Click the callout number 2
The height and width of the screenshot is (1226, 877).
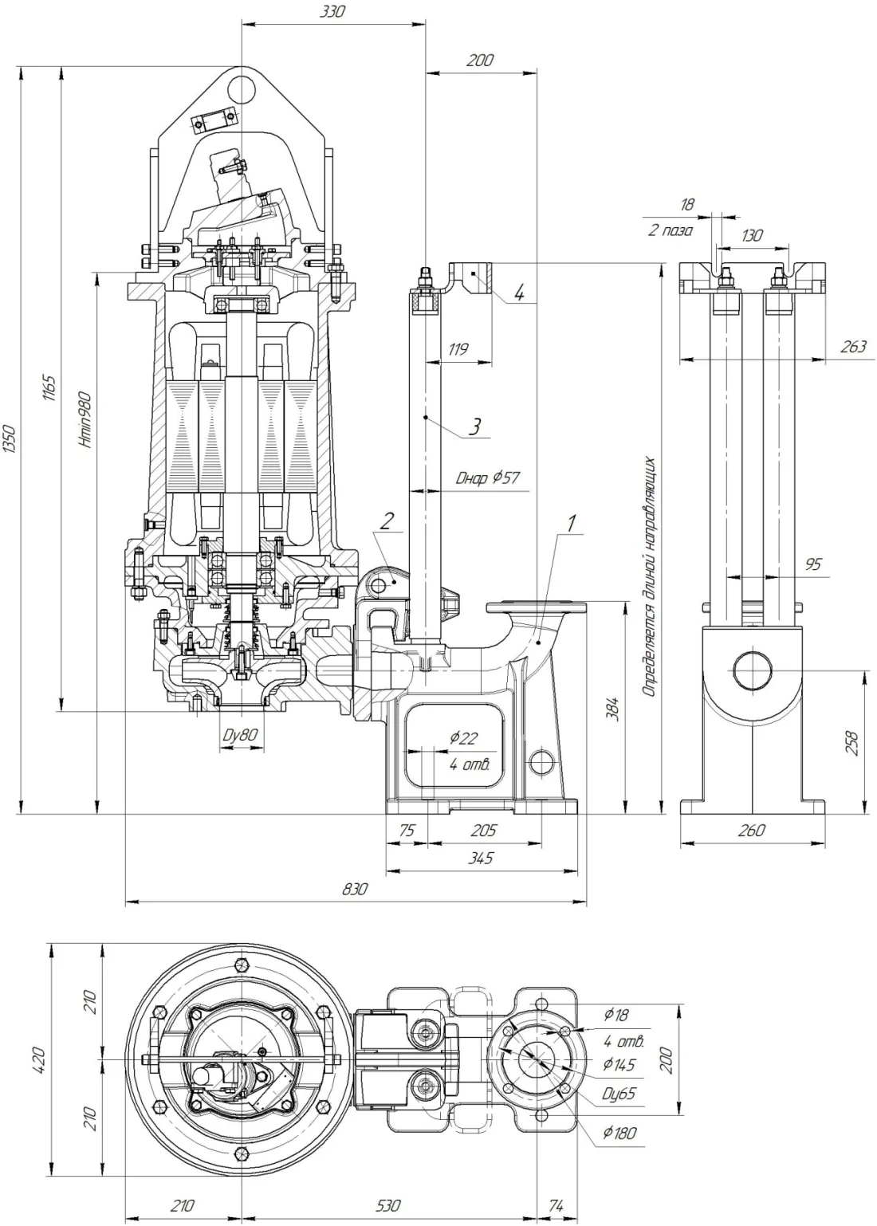coord(386,521)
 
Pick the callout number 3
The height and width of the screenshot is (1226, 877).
coord(474,426)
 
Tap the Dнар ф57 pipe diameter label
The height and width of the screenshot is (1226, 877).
coord(487,478)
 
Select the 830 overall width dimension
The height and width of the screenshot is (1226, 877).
coord(355,889)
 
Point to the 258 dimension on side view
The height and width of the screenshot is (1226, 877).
coord(852,742)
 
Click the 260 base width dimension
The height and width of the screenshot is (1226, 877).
coord(751,830)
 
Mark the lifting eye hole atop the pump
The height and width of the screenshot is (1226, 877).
coord(240,84)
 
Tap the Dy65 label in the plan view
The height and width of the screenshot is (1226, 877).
coord(619,1093)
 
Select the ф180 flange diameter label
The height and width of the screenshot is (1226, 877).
coord(620,1133)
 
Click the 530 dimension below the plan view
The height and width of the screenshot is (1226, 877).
coord(387,1205)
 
